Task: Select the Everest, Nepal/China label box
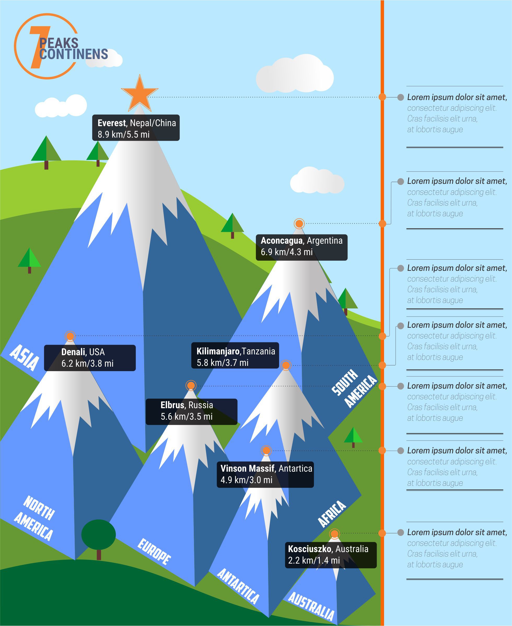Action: (136, 128)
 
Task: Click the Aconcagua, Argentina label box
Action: (301, 247)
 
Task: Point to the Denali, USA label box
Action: (90, 358)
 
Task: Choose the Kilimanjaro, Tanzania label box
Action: (235, 355)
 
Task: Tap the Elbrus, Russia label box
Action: (191, 412)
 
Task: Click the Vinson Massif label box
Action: (265, 474)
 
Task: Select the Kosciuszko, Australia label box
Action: (331, 555)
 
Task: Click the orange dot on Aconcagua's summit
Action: (299, 224)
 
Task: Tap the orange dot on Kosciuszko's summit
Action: (334, 533)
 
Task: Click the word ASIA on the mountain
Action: (24, 357)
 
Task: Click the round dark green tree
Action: (98, 534)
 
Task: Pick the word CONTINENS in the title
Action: (74, 54)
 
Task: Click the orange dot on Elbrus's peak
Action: (191, 385)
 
